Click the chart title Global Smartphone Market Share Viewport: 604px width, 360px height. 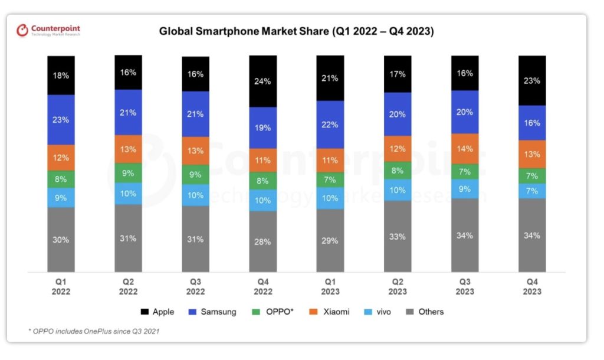296,31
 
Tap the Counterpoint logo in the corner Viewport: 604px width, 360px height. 48,30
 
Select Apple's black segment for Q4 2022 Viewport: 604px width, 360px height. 262,81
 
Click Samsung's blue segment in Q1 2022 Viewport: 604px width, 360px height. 61,120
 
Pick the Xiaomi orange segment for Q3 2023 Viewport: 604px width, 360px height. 465,149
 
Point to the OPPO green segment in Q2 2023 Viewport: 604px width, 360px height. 398,171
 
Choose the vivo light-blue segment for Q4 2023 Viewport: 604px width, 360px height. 532,191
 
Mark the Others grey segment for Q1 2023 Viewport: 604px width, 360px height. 330,241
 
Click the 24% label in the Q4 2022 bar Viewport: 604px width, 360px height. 262,81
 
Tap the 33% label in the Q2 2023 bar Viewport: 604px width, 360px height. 398,237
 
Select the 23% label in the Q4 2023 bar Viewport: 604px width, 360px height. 532,81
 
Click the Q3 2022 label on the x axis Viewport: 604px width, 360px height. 195,287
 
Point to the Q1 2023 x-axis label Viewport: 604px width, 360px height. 330,287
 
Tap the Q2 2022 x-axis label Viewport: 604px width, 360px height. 128,287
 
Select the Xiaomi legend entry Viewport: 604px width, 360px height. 331,312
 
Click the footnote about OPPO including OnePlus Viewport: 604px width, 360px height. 94,331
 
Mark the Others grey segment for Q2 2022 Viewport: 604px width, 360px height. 128,238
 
